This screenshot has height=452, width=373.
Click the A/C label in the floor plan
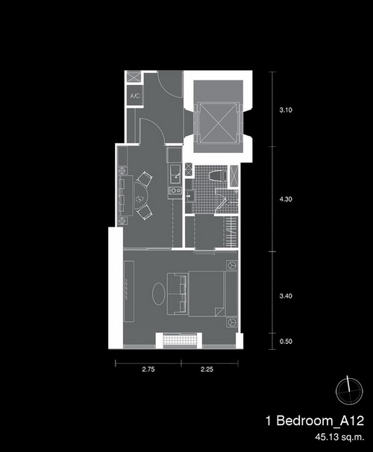point(135,95)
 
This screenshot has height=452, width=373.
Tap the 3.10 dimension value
point(286,110)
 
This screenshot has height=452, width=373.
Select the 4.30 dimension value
point(286,199)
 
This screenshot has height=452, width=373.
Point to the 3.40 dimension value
point(286,296)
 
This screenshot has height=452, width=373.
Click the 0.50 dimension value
point(286,342)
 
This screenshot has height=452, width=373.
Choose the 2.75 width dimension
point(148,369)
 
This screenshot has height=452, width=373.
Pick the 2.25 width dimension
point(207,369)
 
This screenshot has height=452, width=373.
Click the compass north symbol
point(349,391)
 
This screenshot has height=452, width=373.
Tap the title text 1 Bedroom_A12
point(315,421)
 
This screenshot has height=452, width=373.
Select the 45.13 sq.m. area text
point(339,437)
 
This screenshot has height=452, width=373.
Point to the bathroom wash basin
point(190,196)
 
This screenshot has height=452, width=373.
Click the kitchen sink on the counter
point(175,174)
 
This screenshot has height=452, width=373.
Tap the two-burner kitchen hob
point(175,190)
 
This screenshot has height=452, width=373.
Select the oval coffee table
point(159,293)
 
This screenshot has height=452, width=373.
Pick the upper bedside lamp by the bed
point(232,266)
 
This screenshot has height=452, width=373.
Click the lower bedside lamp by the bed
point(232,321)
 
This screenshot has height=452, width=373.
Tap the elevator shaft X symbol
point(219,122)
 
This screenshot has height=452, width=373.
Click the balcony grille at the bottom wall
point(179,339)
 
